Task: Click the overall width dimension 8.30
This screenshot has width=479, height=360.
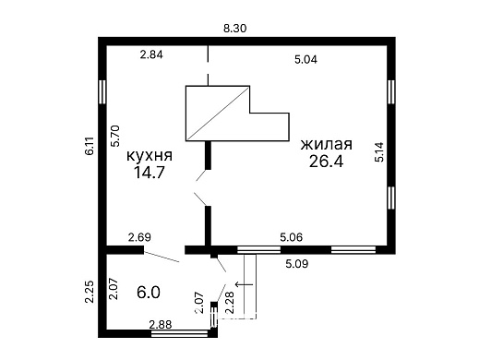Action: pos(235,29)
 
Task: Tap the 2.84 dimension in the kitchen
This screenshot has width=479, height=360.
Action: pos(151,54)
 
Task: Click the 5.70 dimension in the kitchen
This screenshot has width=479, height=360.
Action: pos(114,137)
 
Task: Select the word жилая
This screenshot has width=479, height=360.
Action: pos(326,146)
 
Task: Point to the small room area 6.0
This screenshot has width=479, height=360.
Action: pos(149,293)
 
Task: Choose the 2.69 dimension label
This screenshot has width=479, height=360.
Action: pos(139,238)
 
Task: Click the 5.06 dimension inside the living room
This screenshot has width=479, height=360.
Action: pos(292,238)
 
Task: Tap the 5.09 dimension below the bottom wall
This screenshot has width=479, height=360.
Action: pos(296,264)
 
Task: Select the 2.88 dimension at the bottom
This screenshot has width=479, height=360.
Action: pos(162,324)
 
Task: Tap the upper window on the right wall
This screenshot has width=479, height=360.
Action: pos(392,95)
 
